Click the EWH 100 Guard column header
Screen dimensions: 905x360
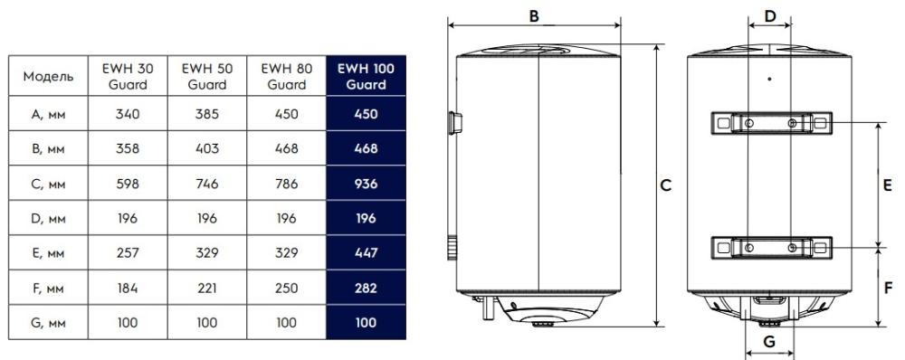[366, 76]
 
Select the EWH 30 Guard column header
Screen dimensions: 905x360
[128, 76]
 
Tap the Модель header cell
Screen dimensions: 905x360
[48, 76]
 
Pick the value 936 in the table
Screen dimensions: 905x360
[366, 184]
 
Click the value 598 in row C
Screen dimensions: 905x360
[128, 184]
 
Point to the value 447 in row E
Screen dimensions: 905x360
[366, 252]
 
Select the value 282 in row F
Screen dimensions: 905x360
[366, 288]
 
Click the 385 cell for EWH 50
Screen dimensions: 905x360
[207, 114]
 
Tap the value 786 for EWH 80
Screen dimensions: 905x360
[286, 184]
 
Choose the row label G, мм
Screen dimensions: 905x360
[48, 323]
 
